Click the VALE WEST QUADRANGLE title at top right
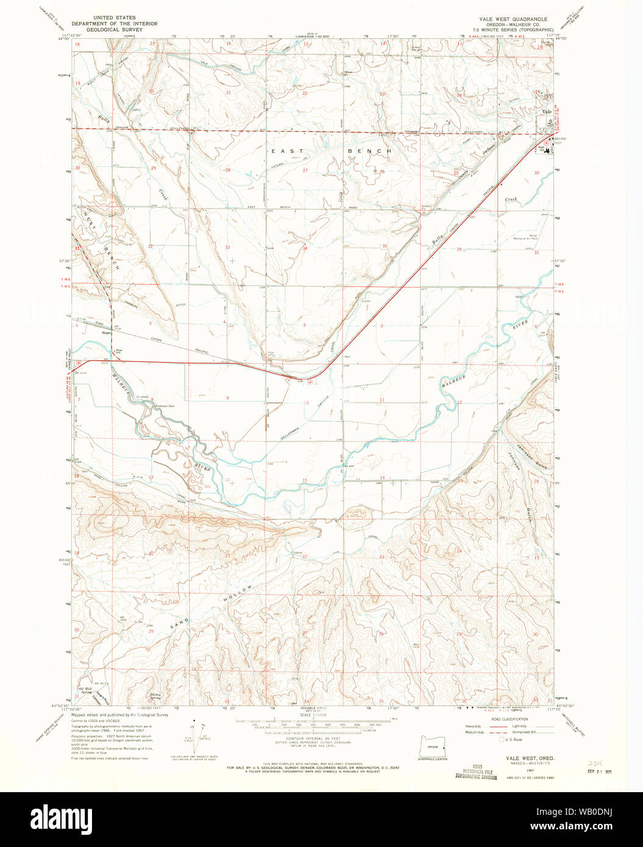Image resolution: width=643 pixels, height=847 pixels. coord(513,19)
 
